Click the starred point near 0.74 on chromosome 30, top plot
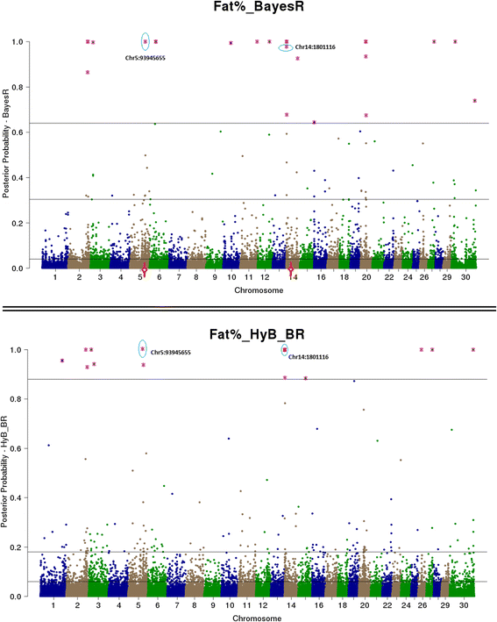[x=474, y=101]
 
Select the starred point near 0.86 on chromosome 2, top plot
[x=88, y=72]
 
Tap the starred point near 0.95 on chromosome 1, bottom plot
[x=61, y=361]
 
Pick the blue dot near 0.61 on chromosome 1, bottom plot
[x=48, y=446]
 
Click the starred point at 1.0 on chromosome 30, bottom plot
[x=473, y=349]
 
